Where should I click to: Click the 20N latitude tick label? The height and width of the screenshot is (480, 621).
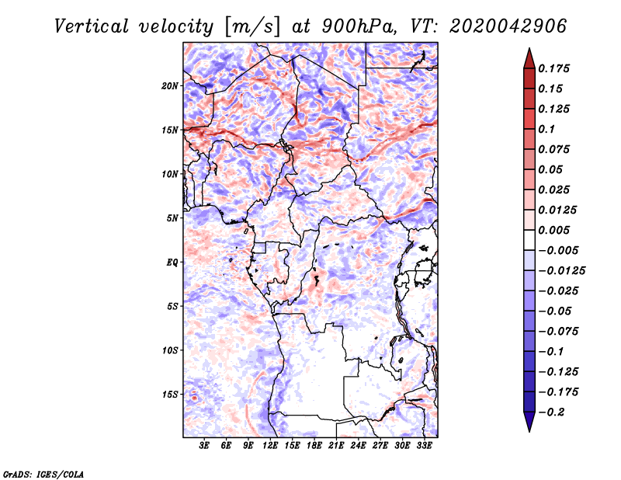(x=170, y=86)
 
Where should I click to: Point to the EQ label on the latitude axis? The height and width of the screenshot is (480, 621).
(x=172, y=263)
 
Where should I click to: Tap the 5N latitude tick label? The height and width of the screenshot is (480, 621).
(x=172, y=218)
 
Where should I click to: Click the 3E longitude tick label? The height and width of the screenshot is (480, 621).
(x=204, y=445)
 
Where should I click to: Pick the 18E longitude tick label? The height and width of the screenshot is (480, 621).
(x=314, y=445)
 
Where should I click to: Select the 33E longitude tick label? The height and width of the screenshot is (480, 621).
(x=424, y=445)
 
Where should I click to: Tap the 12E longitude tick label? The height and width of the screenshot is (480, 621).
(x=270, y=445)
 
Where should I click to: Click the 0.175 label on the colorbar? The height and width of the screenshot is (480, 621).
(x=553, y=68)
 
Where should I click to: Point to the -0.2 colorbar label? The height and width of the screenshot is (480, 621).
(x=551, y=412)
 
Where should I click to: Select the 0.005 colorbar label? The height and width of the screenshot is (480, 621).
(x=553, y=230)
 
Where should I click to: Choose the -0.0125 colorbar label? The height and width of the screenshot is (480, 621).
(x=561, y=271)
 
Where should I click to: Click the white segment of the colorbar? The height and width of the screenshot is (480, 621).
(x=529, y=240)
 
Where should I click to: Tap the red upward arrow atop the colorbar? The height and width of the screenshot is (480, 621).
(x=529, y=59)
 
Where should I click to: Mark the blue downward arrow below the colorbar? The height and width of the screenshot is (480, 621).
(x=529, y=422)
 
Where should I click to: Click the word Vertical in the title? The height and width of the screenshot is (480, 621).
(x=92, y=26)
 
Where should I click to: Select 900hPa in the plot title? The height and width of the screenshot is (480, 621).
(x=359, y=26)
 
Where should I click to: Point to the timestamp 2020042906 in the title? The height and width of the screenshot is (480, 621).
(x=508, y=26)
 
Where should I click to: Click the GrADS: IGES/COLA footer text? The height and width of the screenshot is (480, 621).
(x=43, y=474)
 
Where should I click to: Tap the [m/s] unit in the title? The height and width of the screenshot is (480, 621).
(x=252, y=26)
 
